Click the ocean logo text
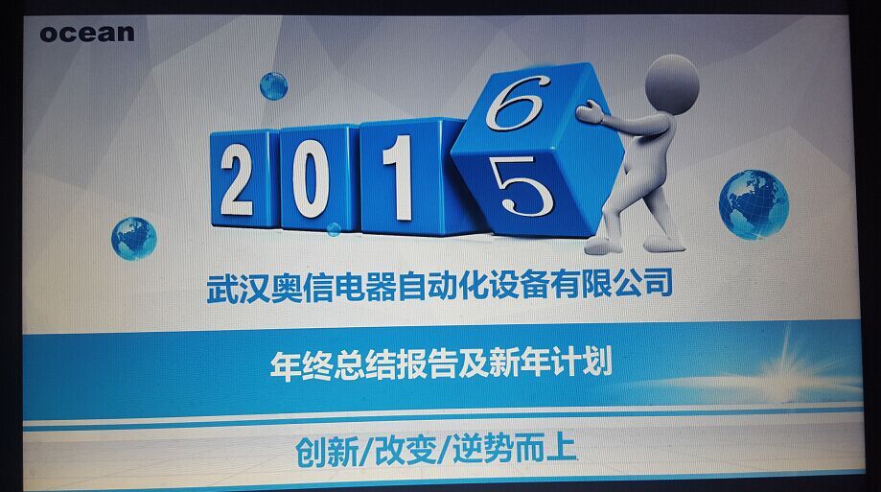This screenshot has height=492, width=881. (x=87, y=34)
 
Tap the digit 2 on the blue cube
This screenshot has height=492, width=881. (x=237, y=179)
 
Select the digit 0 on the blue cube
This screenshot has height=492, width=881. (x=311, y=178)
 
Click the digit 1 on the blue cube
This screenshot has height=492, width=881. (x=399, y=177)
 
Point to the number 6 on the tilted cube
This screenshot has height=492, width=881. (x=515, y=103)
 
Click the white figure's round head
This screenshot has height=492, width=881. (x=672, y=84)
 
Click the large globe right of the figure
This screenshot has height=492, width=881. (x=753, y=204)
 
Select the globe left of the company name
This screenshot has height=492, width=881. (x=133, y=239)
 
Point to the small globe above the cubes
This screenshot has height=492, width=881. (x=273, y=86)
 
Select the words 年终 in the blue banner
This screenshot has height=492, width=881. (x=301, y=364)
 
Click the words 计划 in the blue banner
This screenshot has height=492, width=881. (x=582, y=361)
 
